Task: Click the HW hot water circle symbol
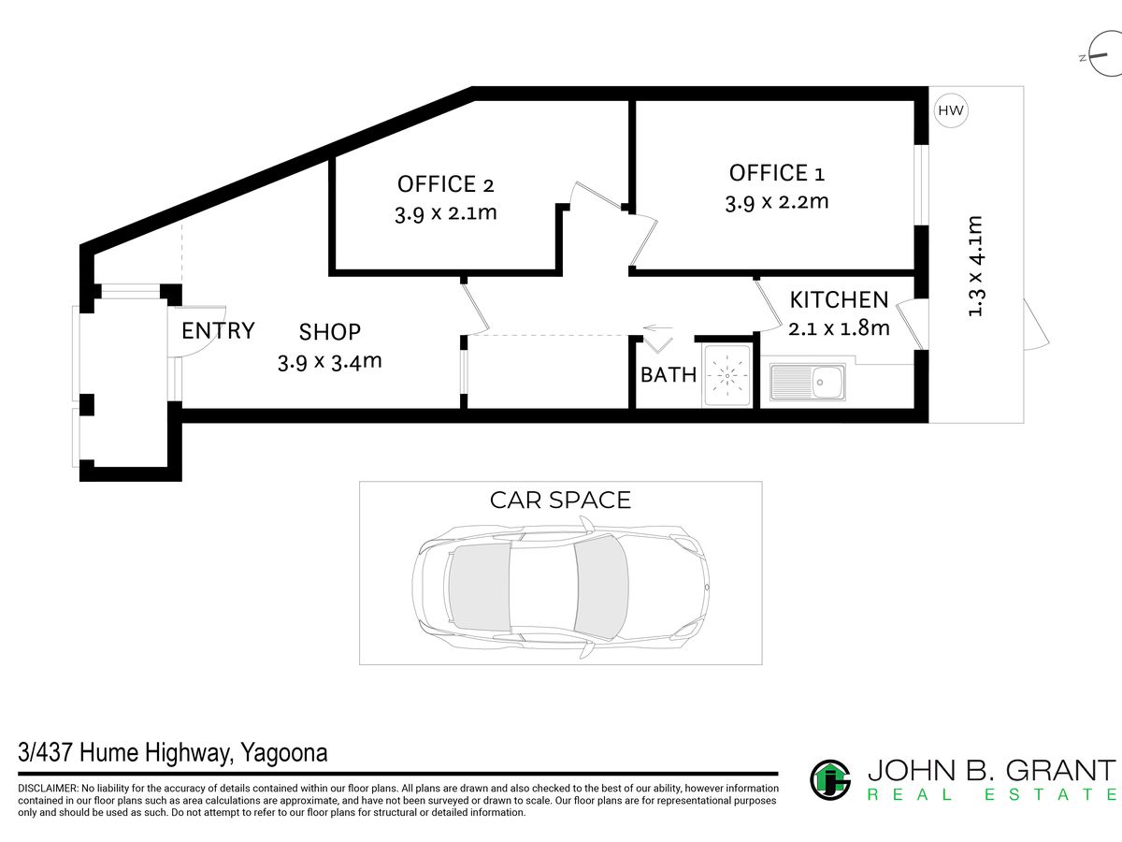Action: tap(951, 111)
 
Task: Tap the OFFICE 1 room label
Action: tap(776, 173)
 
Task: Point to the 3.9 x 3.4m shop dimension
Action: tap(329, 361)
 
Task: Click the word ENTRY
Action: tap(218, 330)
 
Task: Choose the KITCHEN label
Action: tap(839, 300)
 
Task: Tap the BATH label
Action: tap(669, 375)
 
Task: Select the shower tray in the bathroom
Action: tap(726, 376)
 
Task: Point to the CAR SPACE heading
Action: tap(560, 501)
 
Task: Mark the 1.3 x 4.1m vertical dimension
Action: tap(975, 267)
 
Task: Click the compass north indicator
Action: tap(1100, 57)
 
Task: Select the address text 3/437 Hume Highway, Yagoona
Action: tap(173, 753)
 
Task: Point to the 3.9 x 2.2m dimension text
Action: tap(776, 201)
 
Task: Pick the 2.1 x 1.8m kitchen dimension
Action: tap(839, 328)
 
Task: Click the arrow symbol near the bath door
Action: tap(658, 329)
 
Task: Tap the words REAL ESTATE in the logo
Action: tap(991, 795)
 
